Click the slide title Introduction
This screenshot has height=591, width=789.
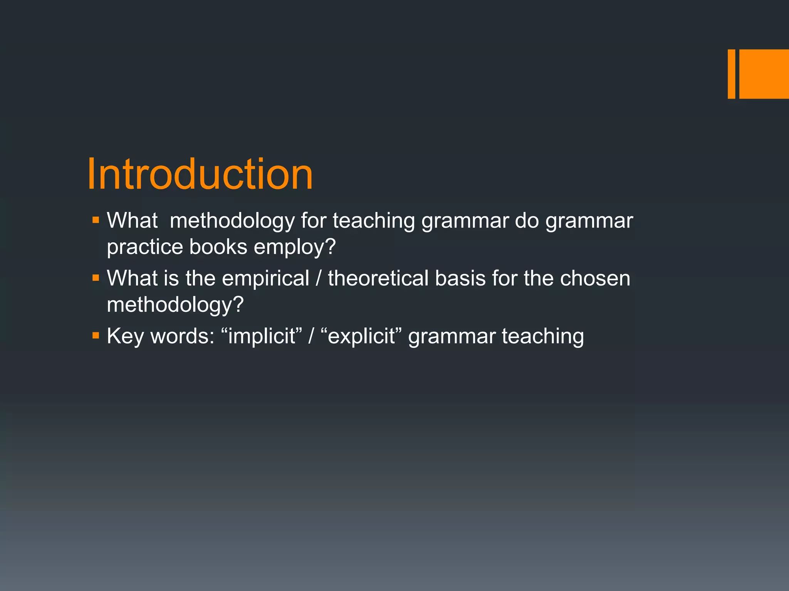point(200,174)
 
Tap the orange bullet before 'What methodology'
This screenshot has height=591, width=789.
point(96,220)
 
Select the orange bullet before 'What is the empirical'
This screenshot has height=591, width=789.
point(96,278)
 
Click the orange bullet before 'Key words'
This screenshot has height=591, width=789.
point(96,336)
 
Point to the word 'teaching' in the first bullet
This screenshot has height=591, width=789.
point(374,221)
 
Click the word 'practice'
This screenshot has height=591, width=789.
point(144,247)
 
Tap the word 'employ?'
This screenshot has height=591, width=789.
point(295,247)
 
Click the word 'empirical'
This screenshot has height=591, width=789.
point(265,279)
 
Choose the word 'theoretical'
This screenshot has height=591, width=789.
point(378,278)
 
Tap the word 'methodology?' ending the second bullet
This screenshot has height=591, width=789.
point(175,305)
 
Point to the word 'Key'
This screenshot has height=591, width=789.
point(125,336)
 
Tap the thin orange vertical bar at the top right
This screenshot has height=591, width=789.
point(731,74)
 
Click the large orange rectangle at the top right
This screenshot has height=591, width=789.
point(764,74)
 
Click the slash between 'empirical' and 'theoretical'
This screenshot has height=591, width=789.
point(318,278)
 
